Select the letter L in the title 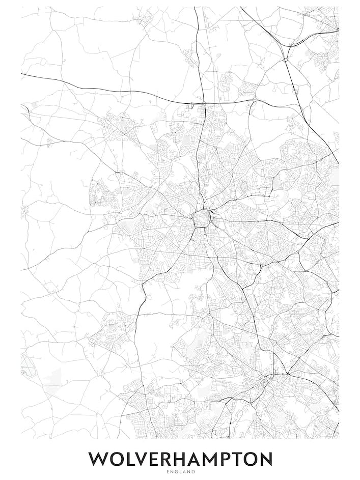point(131,459)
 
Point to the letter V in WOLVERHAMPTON point(144,459)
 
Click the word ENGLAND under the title point(180,472)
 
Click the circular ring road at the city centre point(201,219)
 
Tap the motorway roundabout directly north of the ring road point(203,103)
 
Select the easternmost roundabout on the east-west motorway point(254,100)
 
